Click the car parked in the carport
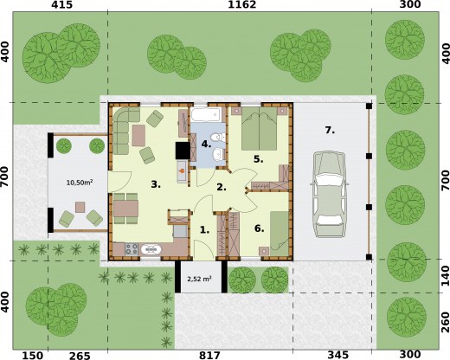click(x=330, y=195)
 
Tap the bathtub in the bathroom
click(x=206, y=115)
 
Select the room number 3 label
click(x=156, y=184)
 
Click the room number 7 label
click(x=330, y=131)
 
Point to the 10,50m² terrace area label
click(x=80, y=183)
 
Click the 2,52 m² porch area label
click(x=199, y=279)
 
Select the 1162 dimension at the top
click(x=242, y=4)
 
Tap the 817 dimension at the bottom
click(x=209, y=355)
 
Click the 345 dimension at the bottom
click(x=338, y=355)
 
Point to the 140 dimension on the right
click(x=446, y=276)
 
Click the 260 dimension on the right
click(x=446, y=322)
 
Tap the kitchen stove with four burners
click(x=132, y=249)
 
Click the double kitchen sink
click(x=151, y=249)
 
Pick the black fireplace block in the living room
click(x=183, y=151)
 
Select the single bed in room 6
click(x=279, y=234)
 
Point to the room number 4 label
click(x=206, y=144)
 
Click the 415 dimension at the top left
click(x=61, y=4)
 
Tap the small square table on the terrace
click(x=80, y=207)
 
